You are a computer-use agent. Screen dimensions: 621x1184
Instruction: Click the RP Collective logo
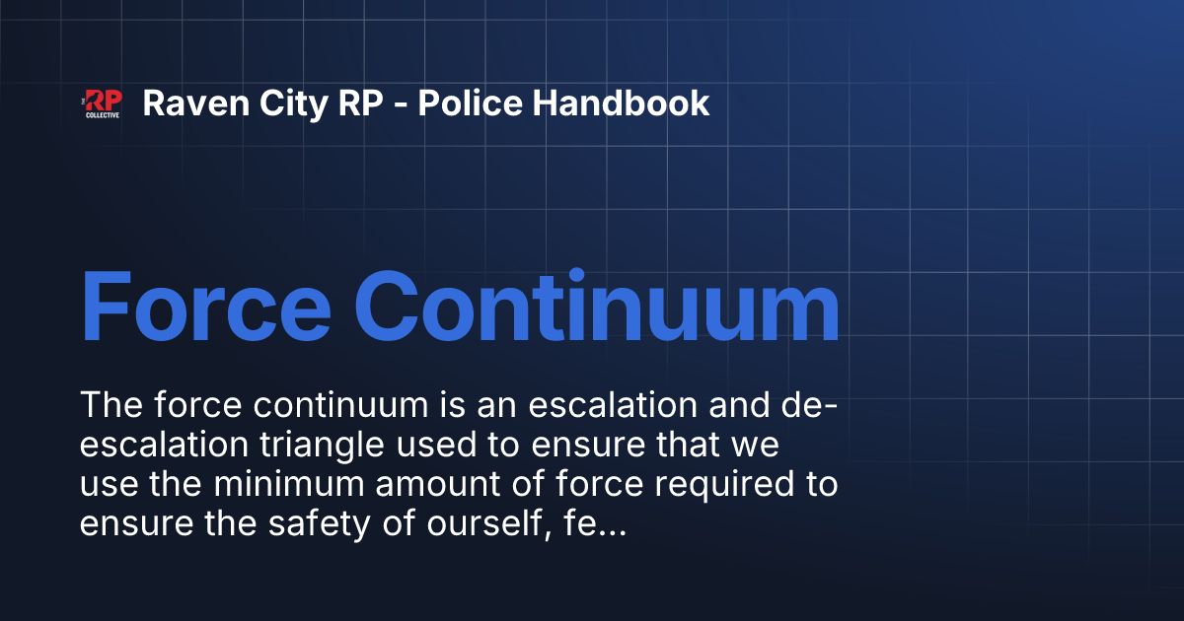coord(102,103)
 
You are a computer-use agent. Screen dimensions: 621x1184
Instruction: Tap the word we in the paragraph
coord(755,446)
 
